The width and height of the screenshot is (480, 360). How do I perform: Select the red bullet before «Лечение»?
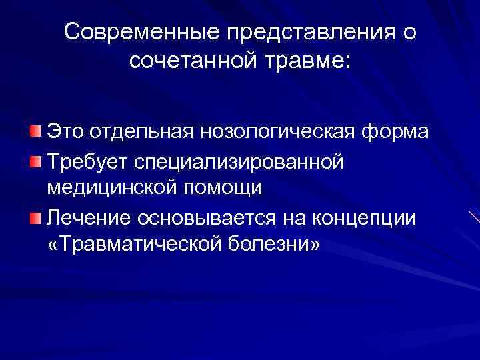click(x=35, y=217)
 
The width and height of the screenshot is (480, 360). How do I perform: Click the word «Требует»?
click(x=87, y=160)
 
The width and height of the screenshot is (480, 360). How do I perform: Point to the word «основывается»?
click(x=200, y=217)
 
